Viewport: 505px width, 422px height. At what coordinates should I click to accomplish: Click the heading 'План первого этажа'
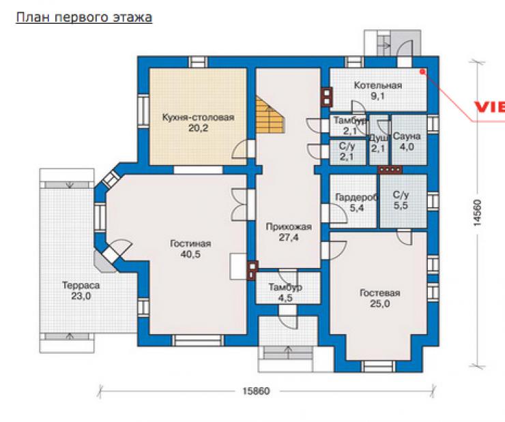tap(84, 17)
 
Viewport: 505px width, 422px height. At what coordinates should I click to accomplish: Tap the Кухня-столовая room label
tap(198, 117)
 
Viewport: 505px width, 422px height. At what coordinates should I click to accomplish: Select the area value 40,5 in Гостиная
tap(190, 254)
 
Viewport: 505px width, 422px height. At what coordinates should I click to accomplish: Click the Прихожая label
tap(289, 227)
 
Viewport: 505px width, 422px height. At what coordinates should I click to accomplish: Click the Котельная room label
tap(378, 85)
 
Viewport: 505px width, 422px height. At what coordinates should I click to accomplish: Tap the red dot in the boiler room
tap(422, 72)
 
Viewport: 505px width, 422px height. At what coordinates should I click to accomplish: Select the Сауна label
tap(407, 136)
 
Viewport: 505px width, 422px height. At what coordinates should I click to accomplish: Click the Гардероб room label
tap(356, 197)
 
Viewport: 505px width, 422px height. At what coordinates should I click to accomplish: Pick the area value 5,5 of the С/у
tap(401, 205)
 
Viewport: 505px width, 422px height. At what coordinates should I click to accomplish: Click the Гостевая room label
tap(379, 293)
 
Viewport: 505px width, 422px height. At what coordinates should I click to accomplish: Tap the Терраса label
tap(81, 285)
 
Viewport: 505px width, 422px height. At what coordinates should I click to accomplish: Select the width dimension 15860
tap(256, 391)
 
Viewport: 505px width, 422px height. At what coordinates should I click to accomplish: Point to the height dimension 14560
tap(477, 213)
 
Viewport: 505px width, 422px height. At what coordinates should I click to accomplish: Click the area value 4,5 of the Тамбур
tap(285, 298)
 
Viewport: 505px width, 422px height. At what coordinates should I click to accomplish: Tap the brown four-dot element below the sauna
tap(390, 169)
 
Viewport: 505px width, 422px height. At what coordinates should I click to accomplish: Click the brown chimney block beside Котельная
tap(327, 97)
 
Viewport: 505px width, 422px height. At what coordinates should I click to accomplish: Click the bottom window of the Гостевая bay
tap(378, 367)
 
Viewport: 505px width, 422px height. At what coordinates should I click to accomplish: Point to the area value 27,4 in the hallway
tap(289, 238)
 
